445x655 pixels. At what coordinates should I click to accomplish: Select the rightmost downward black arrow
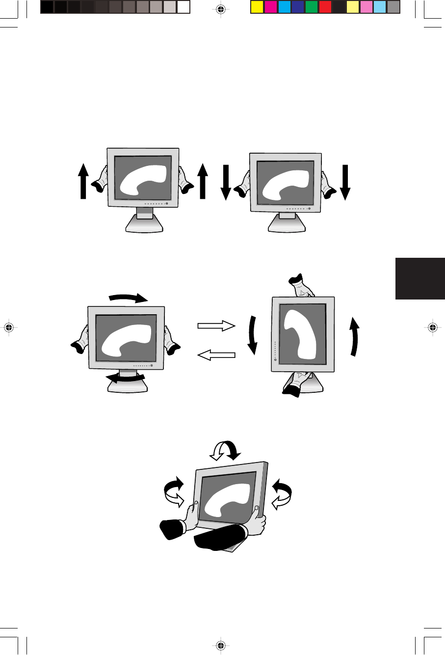(345, 183)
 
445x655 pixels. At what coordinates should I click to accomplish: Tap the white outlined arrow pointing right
(216, 325)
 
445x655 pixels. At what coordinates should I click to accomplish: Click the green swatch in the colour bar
(311, 7)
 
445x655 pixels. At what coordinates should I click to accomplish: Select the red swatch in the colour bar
(325, 7)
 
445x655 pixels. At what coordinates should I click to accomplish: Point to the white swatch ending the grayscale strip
(183, 7)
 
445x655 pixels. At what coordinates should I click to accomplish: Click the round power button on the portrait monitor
(275, 359)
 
